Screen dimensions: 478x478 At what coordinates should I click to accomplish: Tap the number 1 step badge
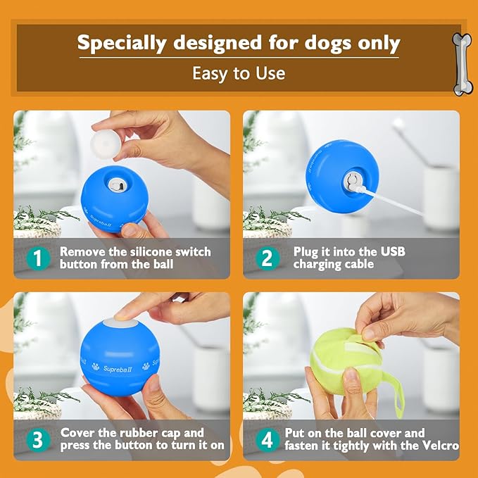point(37,258)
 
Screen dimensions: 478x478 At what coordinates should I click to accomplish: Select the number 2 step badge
point(266,258)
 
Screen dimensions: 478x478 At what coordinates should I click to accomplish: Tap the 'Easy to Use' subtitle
point(239,73)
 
